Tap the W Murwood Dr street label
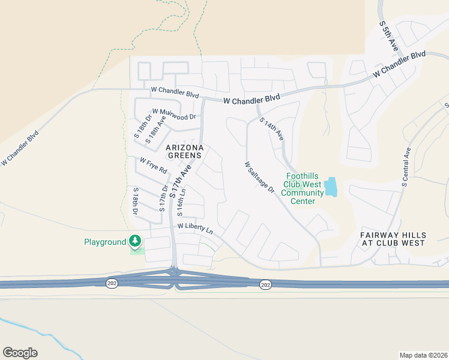[x=174, y=114]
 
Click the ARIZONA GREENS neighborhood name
[x=185, y=151]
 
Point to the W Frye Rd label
[x=153, y=166]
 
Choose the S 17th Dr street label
[x=163, y=199]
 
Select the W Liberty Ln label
[x=195, y=229]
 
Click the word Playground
[x=104, y=242]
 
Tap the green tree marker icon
[x=135, y=241]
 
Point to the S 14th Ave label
[x=272, y=129]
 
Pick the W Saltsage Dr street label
[x=259, y=178]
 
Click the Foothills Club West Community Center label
[x=302, y=188]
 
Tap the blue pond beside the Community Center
[x=330, y=187]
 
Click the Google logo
[x=20, y=352]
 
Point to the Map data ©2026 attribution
[x=423, y=355]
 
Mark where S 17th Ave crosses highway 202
[x=174, y=273]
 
